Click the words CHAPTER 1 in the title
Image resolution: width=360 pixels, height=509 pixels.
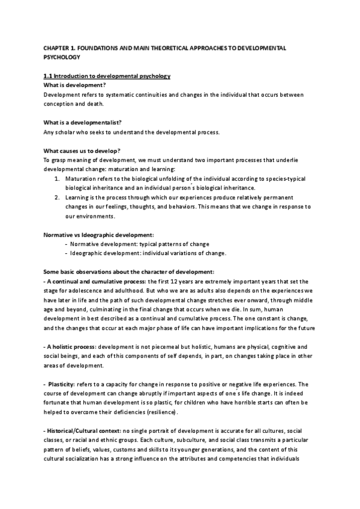tap(58, 47)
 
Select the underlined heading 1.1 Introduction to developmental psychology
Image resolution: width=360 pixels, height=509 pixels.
tap(107, 76)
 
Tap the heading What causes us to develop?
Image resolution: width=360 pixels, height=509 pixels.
tap(80, 151)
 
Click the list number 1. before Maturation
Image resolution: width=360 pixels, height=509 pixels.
tap(57, 178)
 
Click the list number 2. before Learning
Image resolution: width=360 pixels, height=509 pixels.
tap(57, 197)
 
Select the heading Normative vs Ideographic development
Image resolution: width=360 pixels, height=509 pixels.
tap(99, 235)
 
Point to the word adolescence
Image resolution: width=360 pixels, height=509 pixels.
tap(80, 291)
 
